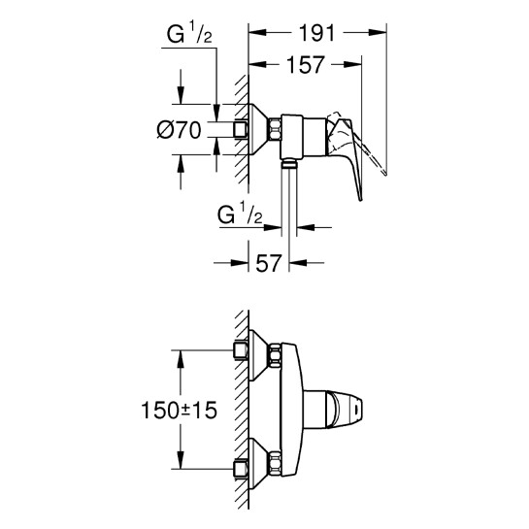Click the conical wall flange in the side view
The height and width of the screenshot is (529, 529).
260,128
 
